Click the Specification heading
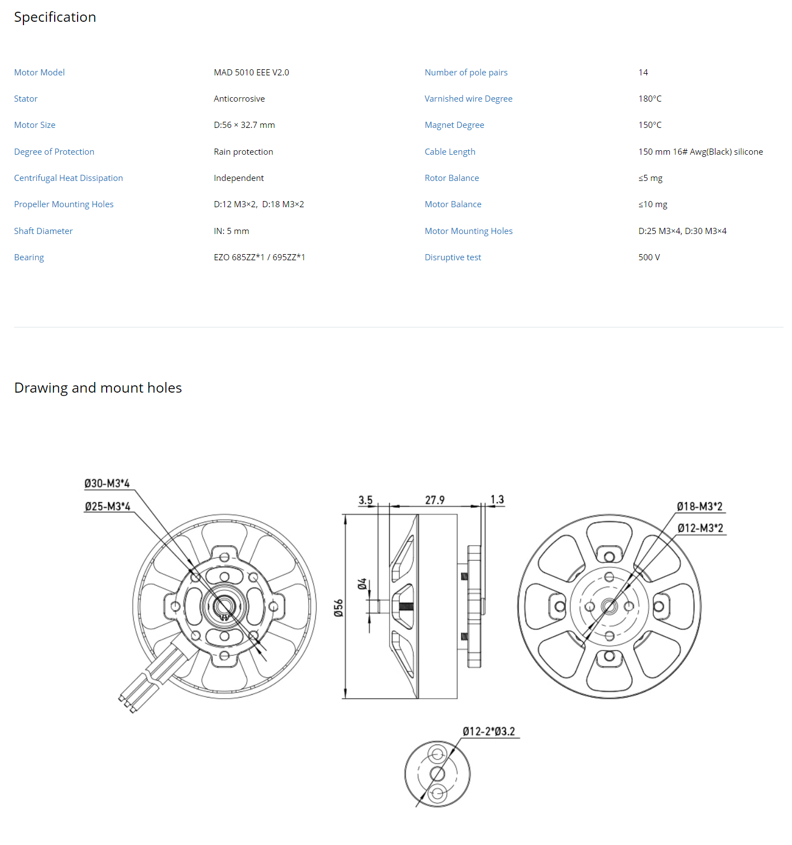pyautogui.click(x=55, y=17)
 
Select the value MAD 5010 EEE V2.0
pyautogui.click(x=251, y=73)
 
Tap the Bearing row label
pyautogui.click(x=29, y=257)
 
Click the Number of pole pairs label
pyautogui.click(x=465, y=73)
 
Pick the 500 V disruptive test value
pyautogui.click(x=649, y=257)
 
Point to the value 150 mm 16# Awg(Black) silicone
pyautogui.click(x=700, y=151)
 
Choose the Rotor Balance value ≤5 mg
pyautogui.click(x=650, y=178)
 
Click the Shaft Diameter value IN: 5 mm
pyautogui.click(x=232, y=231)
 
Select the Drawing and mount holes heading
pyautogui.click(x=98, y=388)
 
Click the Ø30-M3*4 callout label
pyautogui.click(x=107, y=483)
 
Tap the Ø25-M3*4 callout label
pyautogui.click(x=107, y=507)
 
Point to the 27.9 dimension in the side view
pyautogui.click(x=434, y=500)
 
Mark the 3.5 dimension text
pyautogui.click(x=365, y=500)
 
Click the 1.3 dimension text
pyautogui.click(x=496, y=499)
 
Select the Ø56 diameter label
pyautogui.click(x=338, y=608)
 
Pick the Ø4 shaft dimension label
pyautogui.click(x=362, y=584)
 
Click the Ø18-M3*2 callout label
pyautogui.click(x=699, y=507)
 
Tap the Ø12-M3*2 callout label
pyautogui.click(x=700, y=528)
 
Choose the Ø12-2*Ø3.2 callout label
pyautogui.click(x=488, y=732)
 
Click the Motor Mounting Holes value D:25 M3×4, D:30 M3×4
pyautogui.click(x=682, y=231)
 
